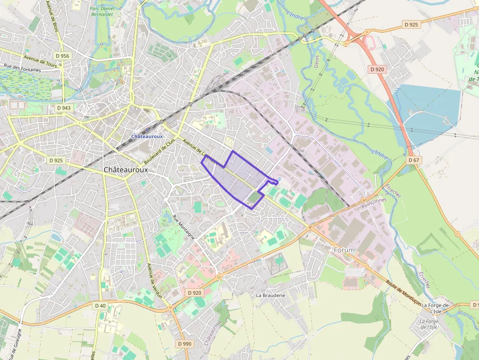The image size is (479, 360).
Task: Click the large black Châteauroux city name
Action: [126, 169]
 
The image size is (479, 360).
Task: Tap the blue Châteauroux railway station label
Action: [147, 136]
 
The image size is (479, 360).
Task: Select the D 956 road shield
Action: [63, 56]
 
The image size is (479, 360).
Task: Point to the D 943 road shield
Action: [64, 107]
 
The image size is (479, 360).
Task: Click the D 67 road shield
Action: [414, 160]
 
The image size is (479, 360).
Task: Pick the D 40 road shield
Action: [100, 306]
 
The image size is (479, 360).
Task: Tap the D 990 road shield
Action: [185, 344]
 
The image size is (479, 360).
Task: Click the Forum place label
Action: [344, 250]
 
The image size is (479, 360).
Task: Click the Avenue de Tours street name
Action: [41, 63]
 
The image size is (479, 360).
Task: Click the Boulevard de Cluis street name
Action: [160, 151]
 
